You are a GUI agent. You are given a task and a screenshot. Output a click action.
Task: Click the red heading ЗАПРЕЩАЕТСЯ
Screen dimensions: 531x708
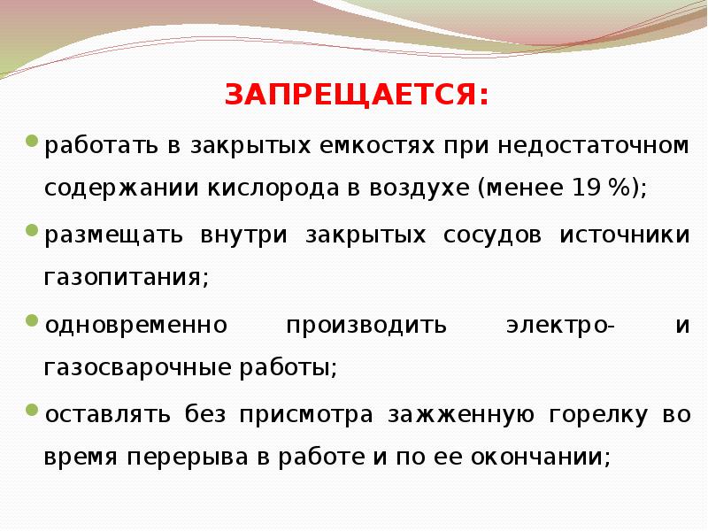point(356,93)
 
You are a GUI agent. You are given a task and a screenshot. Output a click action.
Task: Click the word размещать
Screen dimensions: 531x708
point(112,235)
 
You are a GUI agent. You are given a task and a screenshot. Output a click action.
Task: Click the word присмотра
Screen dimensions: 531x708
point(307,414)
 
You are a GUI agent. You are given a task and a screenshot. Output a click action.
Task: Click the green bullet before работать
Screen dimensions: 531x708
point(32,141)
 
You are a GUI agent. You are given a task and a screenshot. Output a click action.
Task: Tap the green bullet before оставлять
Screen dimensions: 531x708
point(32,411)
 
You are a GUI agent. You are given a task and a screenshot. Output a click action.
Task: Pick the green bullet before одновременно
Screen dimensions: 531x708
point(32,320)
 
